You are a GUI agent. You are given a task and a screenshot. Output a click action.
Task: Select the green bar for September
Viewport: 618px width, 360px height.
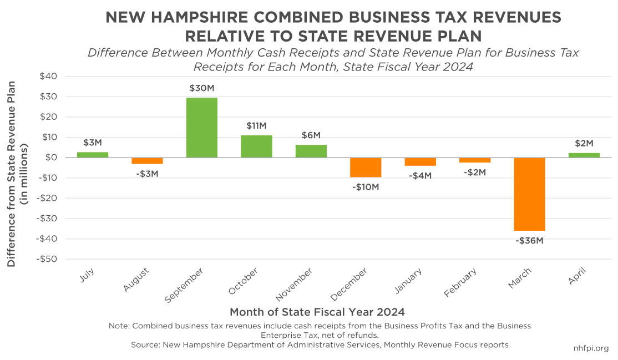(201, 128)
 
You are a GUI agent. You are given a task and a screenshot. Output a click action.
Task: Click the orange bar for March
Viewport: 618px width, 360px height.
(529, 194)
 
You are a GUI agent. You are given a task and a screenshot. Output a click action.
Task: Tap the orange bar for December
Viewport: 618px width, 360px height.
(366, 168)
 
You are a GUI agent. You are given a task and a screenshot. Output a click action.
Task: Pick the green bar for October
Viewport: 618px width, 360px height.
(256, 146)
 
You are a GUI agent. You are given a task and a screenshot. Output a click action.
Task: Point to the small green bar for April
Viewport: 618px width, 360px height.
(584, 155)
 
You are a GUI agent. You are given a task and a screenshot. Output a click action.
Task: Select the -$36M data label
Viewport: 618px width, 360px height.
(529, 241)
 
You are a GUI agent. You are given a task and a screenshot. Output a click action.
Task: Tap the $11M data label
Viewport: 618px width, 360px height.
(256, 125)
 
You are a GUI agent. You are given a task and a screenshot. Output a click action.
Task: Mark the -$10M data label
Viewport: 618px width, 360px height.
(366, 187)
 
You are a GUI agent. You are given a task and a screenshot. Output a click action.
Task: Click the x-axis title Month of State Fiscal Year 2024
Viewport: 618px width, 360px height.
(317, 311)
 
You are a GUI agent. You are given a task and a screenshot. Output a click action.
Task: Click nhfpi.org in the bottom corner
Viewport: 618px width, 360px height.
(591, 348)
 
